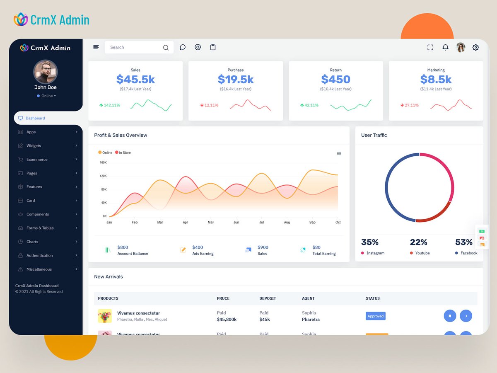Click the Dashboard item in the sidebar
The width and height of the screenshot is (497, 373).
click(35, 118)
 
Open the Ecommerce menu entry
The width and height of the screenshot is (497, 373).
click(37, 160)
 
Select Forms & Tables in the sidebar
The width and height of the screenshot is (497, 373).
click(40, 228)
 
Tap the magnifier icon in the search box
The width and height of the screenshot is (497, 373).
click(166, 48)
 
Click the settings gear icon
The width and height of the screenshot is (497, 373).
click(475, 48)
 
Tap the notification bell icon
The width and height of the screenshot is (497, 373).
click(445, 48)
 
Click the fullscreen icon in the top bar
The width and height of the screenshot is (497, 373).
click(430, 48)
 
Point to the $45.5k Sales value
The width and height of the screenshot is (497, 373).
click(135, 79)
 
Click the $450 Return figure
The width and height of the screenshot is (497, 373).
click(335, 79)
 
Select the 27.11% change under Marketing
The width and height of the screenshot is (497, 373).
click(411, 105)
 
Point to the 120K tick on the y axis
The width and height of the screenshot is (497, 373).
click(103, 176)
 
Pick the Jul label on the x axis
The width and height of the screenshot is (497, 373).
click(261, 223)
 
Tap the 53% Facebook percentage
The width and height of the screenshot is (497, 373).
click(463, 242)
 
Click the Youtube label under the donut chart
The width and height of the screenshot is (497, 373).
click(422, 253)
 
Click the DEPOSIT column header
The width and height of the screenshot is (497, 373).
click(268, 298)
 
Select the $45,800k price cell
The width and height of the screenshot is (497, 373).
click(227, 320)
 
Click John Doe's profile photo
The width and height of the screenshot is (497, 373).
click(46, 72)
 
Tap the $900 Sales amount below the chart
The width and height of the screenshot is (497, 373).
click(263, 247)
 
